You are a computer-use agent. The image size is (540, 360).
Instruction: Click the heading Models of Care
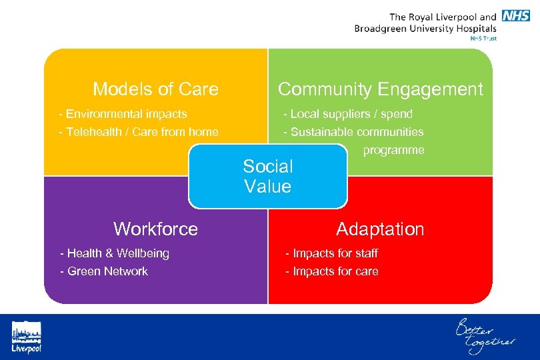155,89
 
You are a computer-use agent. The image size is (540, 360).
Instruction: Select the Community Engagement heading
380,89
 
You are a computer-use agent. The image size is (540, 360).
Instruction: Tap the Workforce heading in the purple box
155,229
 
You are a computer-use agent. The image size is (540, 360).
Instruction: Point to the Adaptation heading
380,229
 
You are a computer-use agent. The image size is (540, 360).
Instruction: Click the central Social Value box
268,177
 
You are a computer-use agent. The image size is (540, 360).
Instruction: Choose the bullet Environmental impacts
123,114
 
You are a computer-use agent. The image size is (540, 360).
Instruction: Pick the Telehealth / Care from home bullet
139,132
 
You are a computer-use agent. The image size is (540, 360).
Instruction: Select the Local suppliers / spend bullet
348,114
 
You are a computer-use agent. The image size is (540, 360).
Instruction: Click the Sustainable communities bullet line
353,132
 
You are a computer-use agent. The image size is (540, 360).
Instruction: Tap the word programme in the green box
393,150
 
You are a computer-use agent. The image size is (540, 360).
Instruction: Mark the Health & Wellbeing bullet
115,253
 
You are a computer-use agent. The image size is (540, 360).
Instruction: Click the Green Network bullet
104,271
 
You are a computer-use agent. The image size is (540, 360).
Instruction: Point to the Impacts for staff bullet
331,253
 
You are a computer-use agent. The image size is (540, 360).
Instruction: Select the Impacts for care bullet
331,271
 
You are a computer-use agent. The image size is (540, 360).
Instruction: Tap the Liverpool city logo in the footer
26,337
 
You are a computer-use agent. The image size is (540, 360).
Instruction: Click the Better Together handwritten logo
485,336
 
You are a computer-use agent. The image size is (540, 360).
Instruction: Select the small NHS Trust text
483,39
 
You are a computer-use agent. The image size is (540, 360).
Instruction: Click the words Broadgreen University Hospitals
425,29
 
